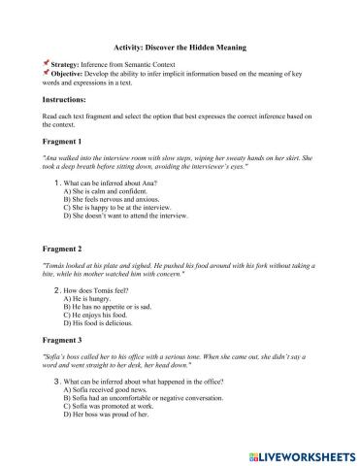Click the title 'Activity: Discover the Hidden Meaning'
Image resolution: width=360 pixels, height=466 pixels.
tap(180, 47)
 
